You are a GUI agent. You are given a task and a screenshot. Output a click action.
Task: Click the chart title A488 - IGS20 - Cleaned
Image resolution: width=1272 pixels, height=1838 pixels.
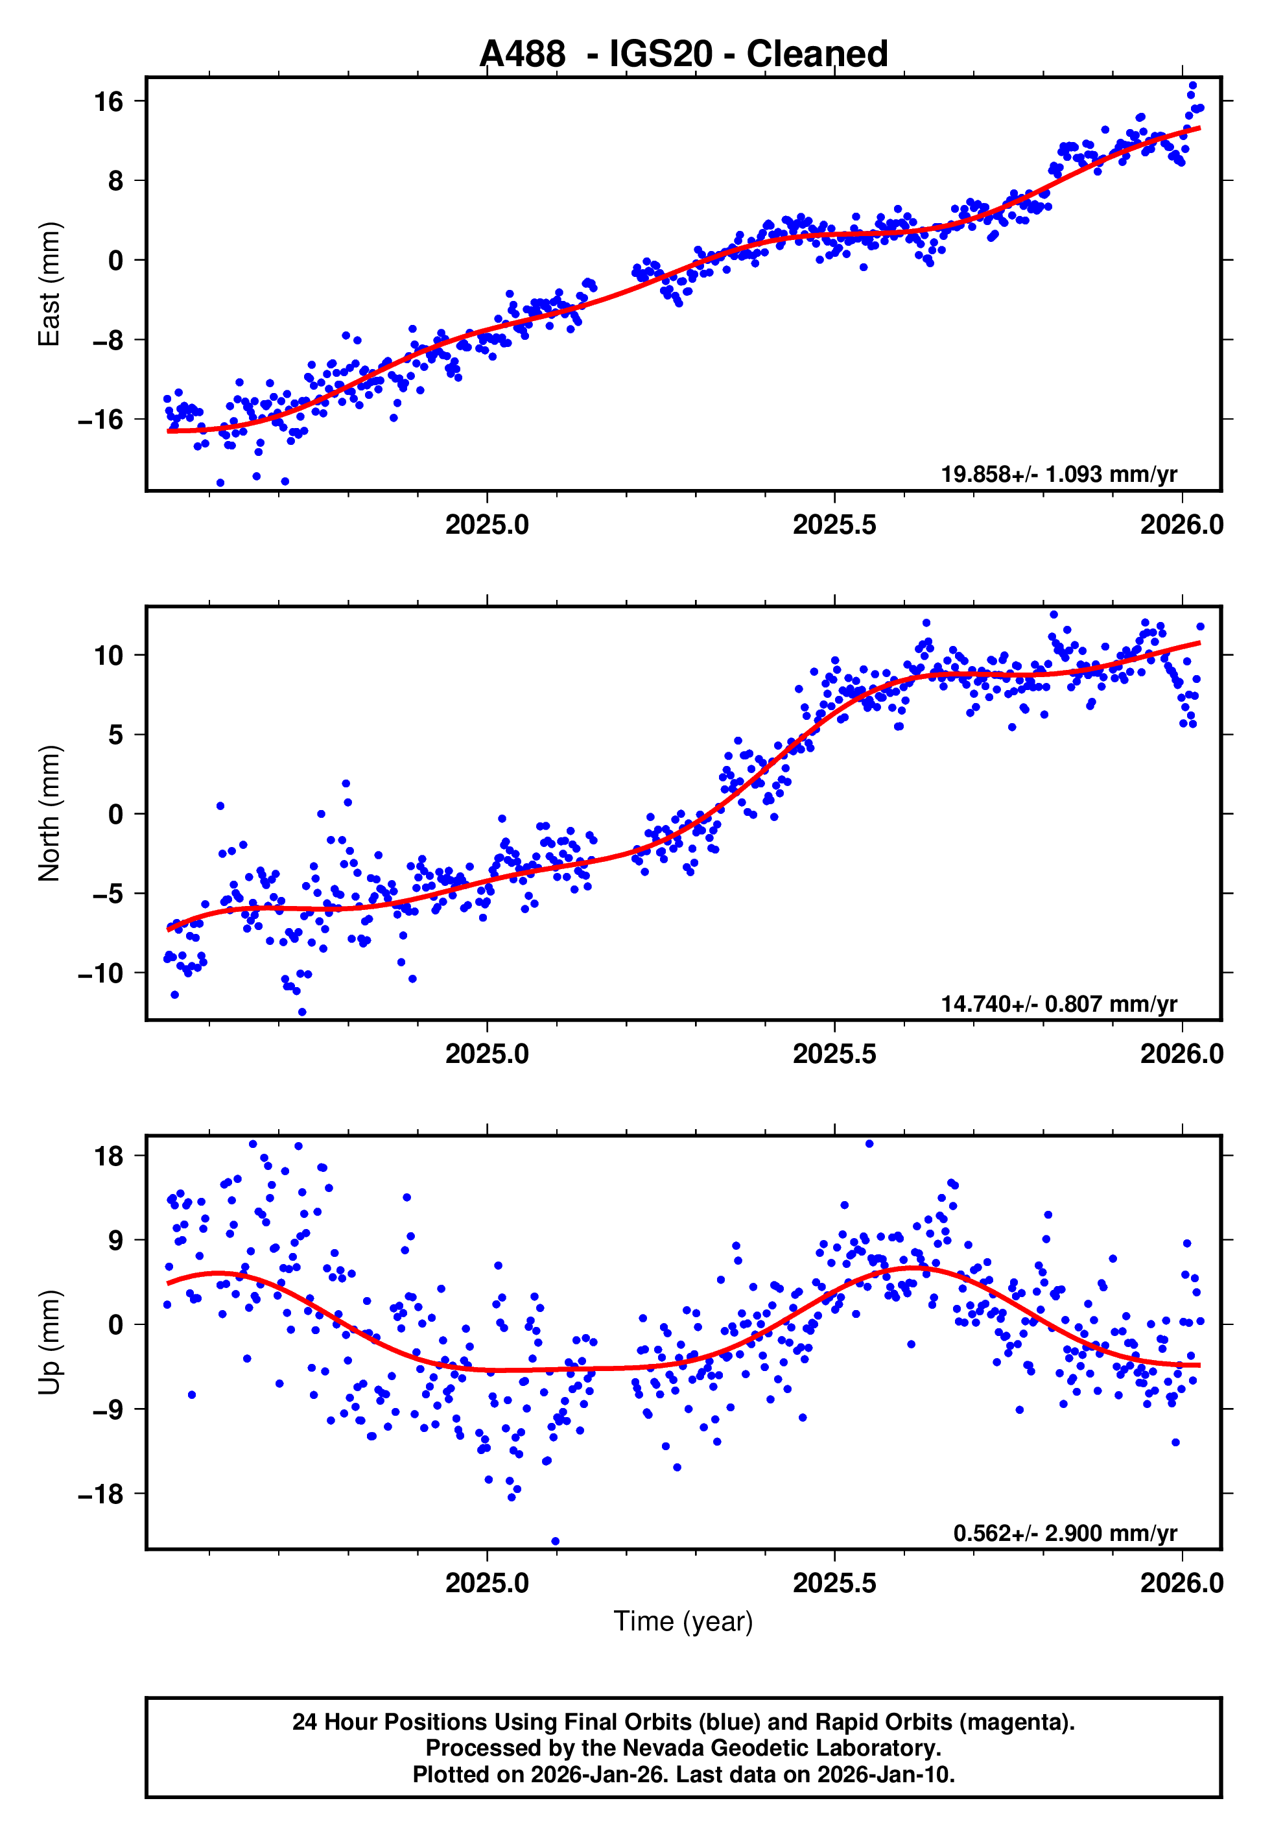pyautogui.click(x=683, y=54)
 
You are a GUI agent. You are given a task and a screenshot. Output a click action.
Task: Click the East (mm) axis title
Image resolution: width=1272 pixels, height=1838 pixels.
pyautogui.click(x=49, y=284)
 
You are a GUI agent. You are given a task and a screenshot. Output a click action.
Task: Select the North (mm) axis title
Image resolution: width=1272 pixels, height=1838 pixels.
pyautogui.click(x=49, y=813)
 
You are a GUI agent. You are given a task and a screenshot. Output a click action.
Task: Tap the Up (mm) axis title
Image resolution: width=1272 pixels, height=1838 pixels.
pyautogui.click(x=49, y=1343)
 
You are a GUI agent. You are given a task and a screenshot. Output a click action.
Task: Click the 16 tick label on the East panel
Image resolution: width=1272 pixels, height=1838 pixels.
pyautogui.click(x=108, y=101)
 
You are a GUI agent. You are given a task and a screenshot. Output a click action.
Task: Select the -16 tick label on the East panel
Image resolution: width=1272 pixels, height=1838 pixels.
pyautogui.click(x=100, y=419)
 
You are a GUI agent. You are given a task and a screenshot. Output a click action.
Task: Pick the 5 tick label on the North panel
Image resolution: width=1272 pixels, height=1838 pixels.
pyautogui.click(x=115, y=734)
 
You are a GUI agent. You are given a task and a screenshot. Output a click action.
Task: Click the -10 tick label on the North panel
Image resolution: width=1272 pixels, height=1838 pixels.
pyautogui.click(x=100, y=973)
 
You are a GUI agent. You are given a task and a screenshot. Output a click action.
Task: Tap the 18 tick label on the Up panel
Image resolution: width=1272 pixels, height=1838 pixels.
pyautogui.click(x=108, y=1156)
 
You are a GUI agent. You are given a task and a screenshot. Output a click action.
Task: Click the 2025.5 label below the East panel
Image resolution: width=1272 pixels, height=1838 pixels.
pyautogui.click(x=834, y=525)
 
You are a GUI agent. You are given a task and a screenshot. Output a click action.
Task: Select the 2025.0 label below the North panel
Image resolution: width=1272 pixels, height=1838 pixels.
pyautogui.click(x=486, y=1054)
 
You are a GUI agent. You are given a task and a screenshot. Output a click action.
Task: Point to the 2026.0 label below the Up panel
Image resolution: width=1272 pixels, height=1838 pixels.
pyautogui.click(x=1181, y=1583)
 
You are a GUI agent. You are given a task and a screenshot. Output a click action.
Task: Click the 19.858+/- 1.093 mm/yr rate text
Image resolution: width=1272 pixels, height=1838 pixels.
pyautogui.click(x=1059, y=474)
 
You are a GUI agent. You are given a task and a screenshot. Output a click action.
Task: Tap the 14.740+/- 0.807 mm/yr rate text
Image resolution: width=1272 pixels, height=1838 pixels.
pyautogui.click(x=1059, y=1003)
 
